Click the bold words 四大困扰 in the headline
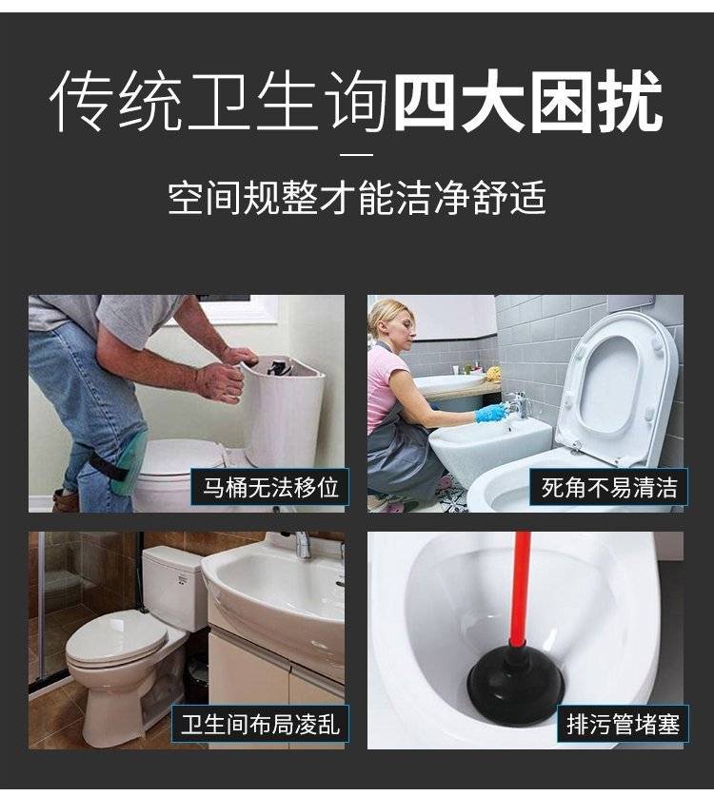click(x=528, y=103)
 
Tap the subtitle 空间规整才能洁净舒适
click(x=357, y=197)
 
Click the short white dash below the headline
click(x=356, y=154)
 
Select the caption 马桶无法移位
click(x=270, y=487)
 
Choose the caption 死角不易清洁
click(x=609, y=488)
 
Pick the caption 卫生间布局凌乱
click(x=260, y=724)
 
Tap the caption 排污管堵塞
click(x=623, y=724)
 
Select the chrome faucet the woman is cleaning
click(x=517, y=403)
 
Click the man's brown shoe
click(x=65, y=500)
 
